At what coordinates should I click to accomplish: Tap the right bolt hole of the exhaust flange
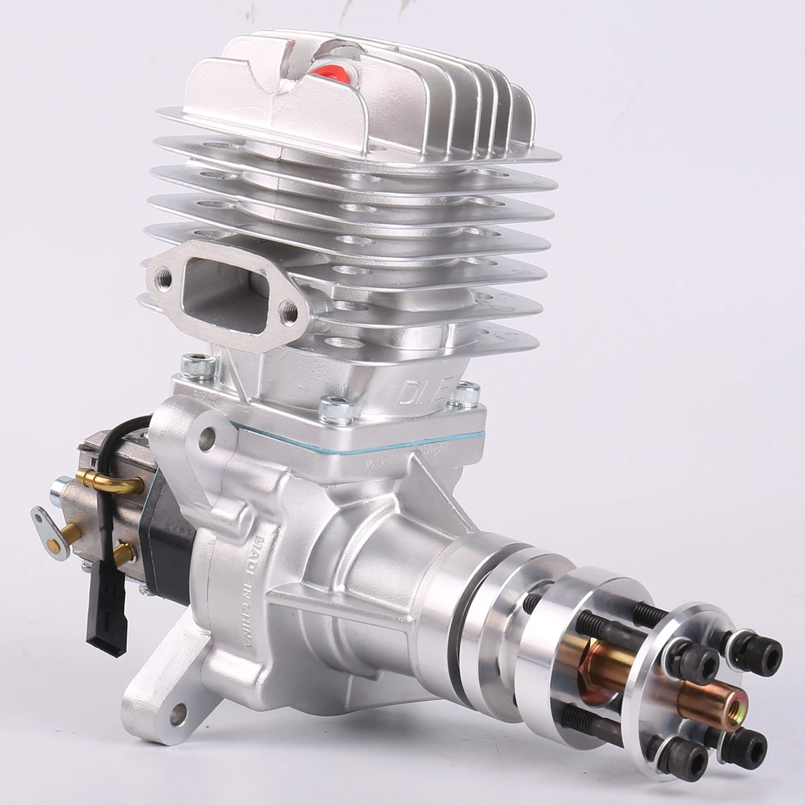point(289,309)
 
